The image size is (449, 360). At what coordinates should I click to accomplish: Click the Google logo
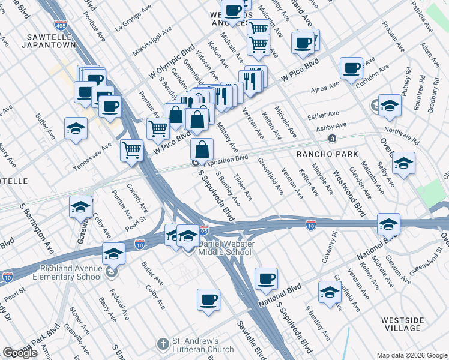click(x=20, y=352)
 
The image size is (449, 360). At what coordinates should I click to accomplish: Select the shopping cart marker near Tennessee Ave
click(x=131, y=150)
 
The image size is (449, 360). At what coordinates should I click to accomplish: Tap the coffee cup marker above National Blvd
click(x=266, y=278)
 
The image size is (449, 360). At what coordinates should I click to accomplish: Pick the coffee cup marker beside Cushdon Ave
click(x=351, y=68)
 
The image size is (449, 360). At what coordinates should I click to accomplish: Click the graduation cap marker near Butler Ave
click(x=76, y=128)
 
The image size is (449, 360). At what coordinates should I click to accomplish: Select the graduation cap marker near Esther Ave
click(x=390, y=106)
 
